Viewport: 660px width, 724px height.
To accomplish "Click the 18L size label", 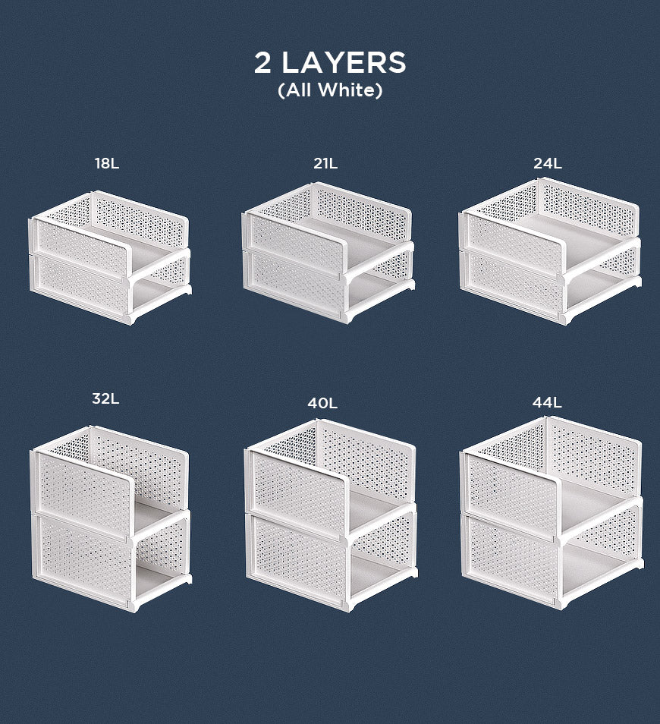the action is (x=107, y=163).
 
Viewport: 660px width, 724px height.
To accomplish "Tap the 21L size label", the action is (x=325, y=163).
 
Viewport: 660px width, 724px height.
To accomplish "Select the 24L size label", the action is (x=548, y=163).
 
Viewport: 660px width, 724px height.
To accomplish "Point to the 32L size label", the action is (x=105, y=398).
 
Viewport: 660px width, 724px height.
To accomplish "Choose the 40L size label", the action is (x=322, y=404).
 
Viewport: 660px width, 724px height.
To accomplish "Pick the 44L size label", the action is (x=547, y=403).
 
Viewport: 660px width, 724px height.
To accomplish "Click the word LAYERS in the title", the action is (x=344, y=63).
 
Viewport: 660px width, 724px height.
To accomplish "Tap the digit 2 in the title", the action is (x=262, y=63).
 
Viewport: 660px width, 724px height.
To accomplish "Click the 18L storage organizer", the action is (x=110, y=257).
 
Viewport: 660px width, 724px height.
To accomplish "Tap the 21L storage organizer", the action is (x=328, y=253).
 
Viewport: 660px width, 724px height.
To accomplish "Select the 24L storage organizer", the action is (x=550, y=252).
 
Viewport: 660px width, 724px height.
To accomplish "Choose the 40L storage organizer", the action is (x=331, y=515).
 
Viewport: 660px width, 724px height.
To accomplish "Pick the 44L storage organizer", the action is (x=552, y=512).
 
